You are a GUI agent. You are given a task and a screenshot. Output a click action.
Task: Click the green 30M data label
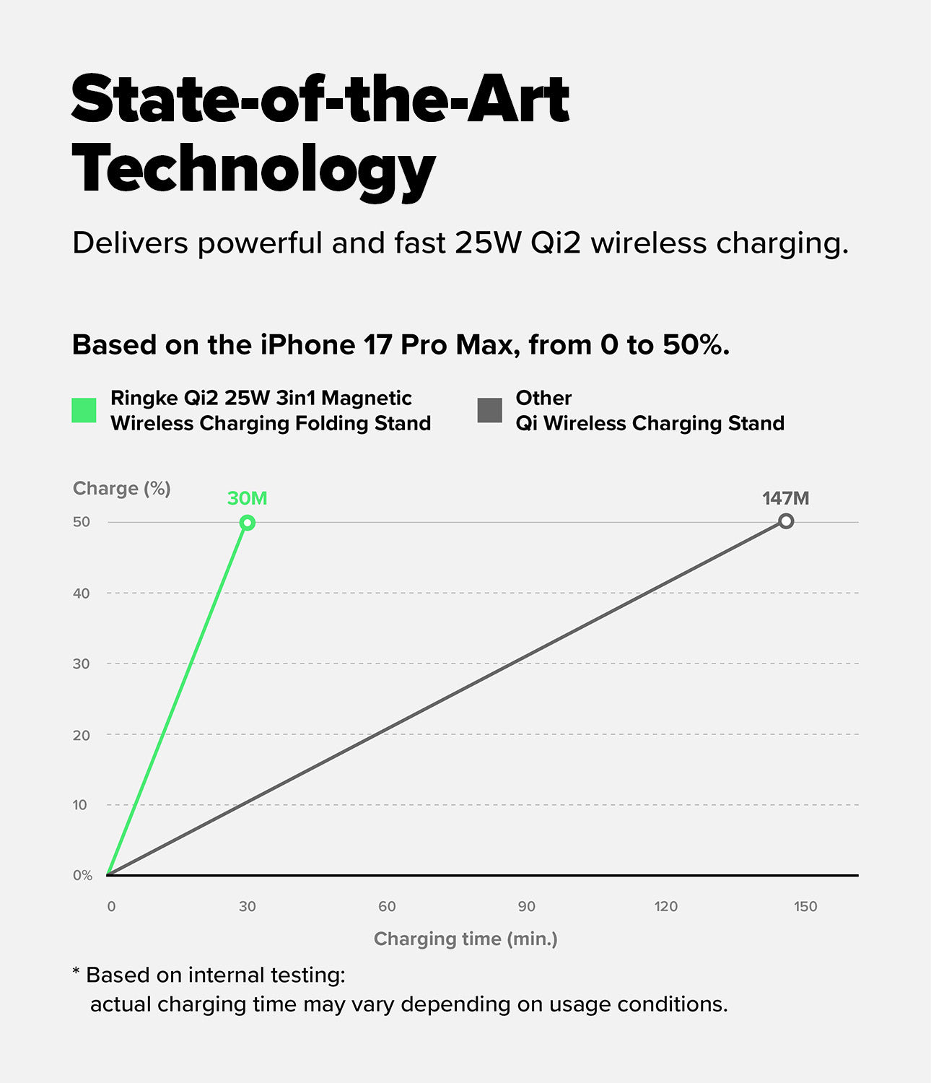(x=247, y=498)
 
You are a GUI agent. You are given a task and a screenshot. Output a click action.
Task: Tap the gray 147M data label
(x=785, y=498)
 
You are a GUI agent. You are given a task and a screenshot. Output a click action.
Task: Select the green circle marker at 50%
(x=247, y=523)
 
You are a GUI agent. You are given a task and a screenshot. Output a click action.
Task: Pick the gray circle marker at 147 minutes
(x=786, y=521)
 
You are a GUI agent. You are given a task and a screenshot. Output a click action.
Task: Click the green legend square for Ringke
(x=84, y=410)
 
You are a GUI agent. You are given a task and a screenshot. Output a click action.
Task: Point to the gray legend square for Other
(x=490, y=410)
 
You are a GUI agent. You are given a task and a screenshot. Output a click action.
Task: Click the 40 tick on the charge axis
(x=81, y=593)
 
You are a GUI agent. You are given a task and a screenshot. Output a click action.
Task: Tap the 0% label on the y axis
(x=82, y=875)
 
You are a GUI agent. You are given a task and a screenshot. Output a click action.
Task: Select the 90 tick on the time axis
(x=526, y=907)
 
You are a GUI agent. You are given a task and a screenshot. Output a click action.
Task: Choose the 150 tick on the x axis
(x=805, y=907)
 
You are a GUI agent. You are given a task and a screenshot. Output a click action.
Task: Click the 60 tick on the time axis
(x=387, y=907)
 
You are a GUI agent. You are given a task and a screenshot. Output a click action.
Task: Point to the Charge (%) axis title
(x=122, y=489)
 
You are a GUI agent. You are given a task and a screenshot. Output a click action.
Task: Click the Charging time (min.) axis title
(x=465, y=939)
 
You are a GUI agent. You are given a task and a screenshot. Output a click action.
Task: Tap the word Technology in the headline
(x=253, y=170)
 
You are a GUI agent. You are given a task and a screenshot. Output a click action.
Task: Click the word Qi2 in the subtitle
(x=555, y=243)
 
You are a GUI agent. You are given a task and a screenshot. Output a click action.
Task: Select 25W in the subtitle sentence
(x=487, y=243)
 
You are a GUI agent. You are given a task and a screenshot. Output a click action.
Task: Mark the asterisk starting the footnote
(x=76, y=973)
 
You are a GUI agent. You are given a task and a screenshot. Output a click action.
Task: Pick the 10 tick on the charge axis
(x=80, y=805)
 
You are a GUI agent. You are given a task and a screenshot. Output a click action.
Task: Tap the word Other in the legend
(x=543, y=398)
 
